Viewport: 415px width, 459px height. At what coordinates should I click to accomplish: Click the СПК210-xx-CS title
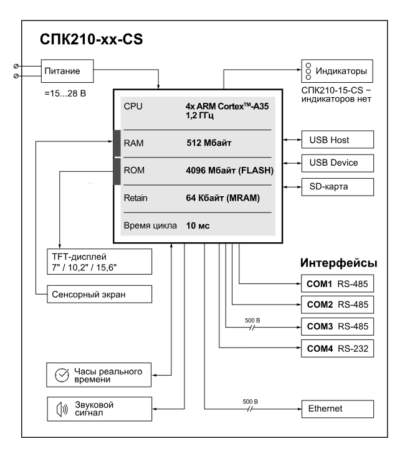coord(91,39)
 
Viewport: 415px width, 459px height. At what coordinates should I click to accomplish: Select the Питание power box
coord(67,71)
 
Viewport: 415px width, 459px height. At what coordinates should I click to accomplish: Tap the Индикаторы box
coord(337,71)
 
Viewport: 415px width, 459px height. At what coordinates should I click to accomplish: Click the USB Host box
coord(338,140)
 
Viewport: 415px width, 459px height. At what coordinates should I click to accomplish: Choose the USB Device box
coord(338,163)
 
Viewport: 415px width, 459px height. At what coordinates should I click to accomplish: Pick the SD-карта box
coord(338,187)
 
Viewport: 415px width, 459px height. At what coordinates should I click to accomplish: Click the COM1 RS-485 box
coord(337,283)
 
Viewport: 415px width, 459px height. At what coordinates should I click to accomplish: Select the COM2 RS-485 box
coord(337,305)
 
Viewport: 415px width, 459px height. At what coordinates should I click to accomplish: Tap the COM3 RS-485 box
coord(337,326)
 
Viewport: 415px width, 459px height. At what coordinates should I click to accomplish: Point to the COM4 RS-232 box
coord(337,348)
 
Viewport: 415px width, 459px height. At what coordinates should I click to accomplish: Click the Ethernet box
coord(338,409)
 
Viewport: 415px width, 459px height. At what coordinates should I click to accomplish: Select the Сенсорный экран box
coord(100,294)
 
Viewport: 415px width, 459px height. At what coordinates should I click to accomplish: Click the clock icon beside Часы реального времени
coord(62,375)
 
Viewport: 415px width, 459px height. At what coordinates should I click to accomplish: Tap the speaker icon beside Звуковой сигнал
coord(62,409)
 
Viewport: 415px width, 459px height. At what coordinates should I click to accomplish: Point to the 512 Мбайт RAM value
coord(209,143)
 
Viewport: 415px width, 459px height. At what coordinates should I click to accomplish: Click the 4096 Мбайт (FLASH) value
coord(229,171)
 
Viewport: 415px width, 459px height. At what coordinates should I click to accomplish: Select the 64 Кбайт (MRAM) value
coord(223,198)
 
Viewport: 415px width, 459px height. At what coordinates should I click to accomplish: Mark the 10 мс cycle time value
coord(198,225)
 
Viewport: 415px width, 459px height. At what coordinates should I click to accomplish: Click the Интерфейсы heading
coord(338,263)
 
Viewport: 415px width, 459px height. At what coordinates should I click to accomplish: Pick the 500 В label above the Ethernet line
coord(250,402)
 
